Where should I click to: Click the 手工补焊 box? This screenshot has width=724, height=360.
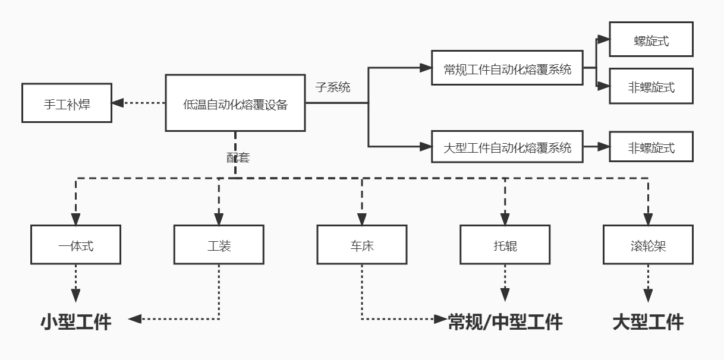pyautogui.click(x=67, y=103)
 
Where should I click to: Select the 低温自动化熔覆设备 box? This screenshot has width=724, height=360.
pyautogui.click(x=235, y=103)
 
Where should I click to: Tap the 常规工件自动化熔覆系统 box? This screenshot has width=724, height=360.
pyautogui.click(x=507, y=68)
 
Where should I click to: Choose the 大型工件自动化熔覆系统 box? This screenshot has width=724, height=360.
pyautogui.click(x=507, y=147)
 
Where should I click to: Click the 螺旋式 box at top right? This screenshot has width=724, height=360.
pyautogui.click(x=651, y=39)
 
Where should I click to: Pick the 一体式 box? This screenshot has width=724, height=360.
pyautogui.click(x=75, y=245)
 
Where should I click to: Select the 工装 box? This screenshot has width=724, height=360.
pyautogui.click(x=219, y=245)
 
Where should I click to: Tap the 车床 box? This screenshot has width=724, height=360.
pyautogui.click(x=361, y=245)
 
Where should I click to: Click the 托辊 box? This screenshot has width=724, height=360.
pyautogui.click(x=505, y=245)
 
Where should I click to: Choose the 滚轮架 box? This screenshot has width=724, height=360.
pyautogui.click(x=648, y=245)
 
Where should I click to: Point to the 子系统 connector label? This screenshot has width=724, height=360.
pyautogui.click(x=333, y=87)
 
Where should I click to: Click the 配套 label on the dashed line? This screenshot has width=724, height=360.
pyautogui.click(x=238, y=157)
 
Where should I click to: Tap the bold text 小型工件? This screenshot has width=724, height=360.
pyautogui.click(x=75, y=322)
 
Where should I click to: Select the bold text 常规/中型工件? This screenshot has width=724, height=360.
pyautogui.click(x=505, y=322)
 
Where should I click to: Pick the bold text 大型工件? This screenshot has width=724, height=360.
pyautogui.click(x=648, y=322)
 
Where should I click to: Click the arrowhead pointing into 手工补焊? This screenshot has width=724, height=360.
pyautogui.click(x=118, y=103)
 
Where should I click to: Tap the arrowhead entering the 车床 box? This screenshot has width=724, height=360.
pyautogui.click(x=361, y=219)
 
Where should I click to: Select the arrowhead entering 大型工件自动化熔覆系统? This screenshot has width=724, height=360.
pyautogui.click(x=426, y=147)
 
